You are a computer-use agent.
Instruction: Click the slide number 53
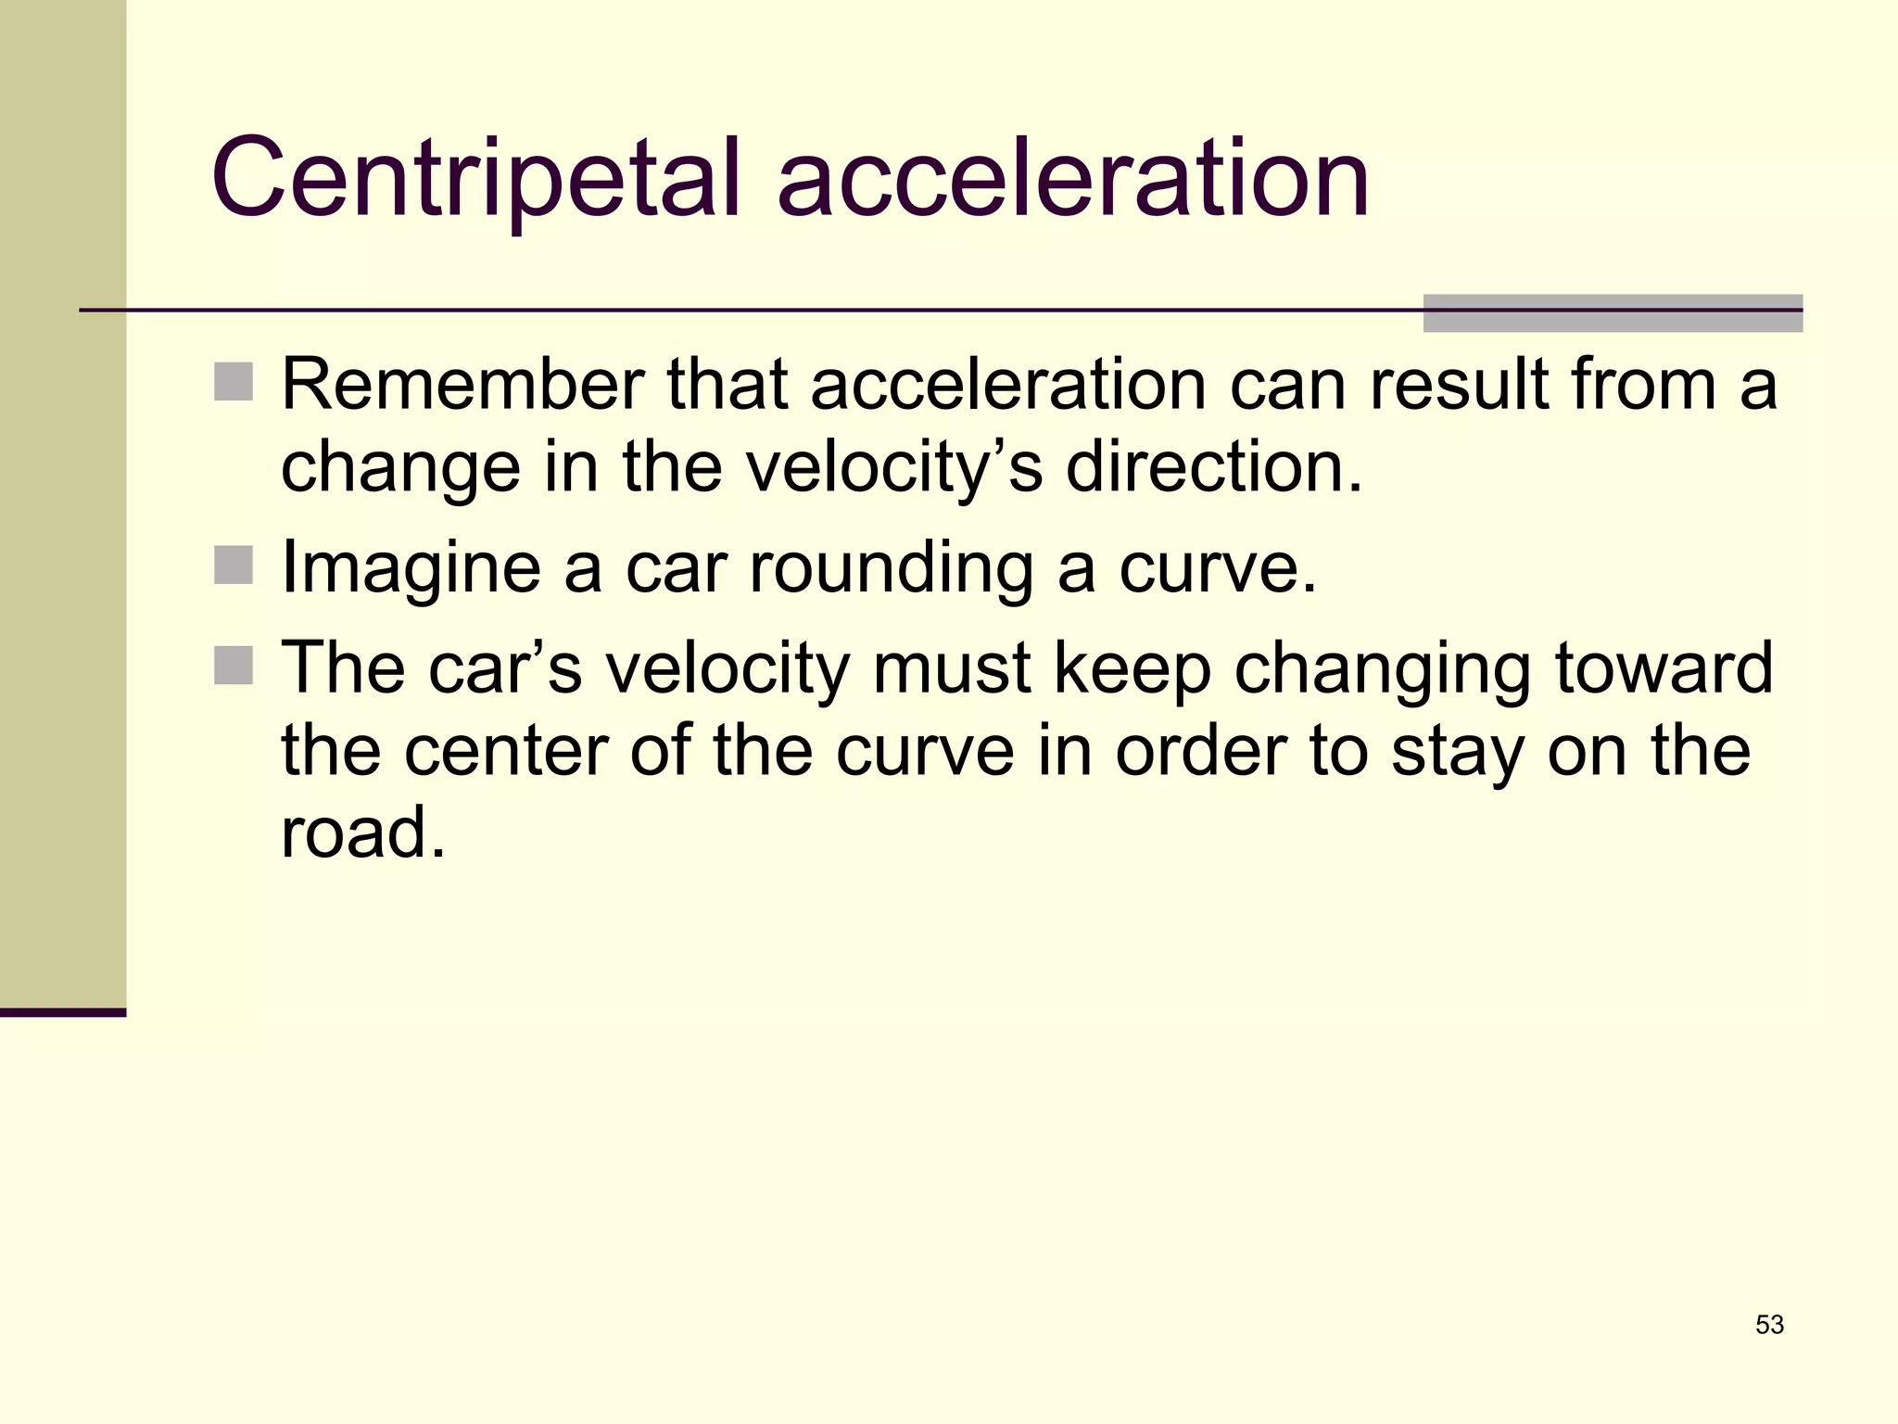1769,1325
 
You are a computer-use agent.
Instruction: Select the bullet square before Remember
234,382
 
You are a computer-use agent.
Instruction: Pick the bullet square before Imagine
234,566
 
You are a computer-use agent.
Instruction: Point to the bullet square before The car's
234,666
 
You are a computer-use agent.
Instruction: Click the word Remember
462,384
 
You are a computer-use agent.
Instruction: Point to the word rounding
891,567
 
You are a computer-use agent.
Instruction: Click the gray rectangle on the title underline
1613,313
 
